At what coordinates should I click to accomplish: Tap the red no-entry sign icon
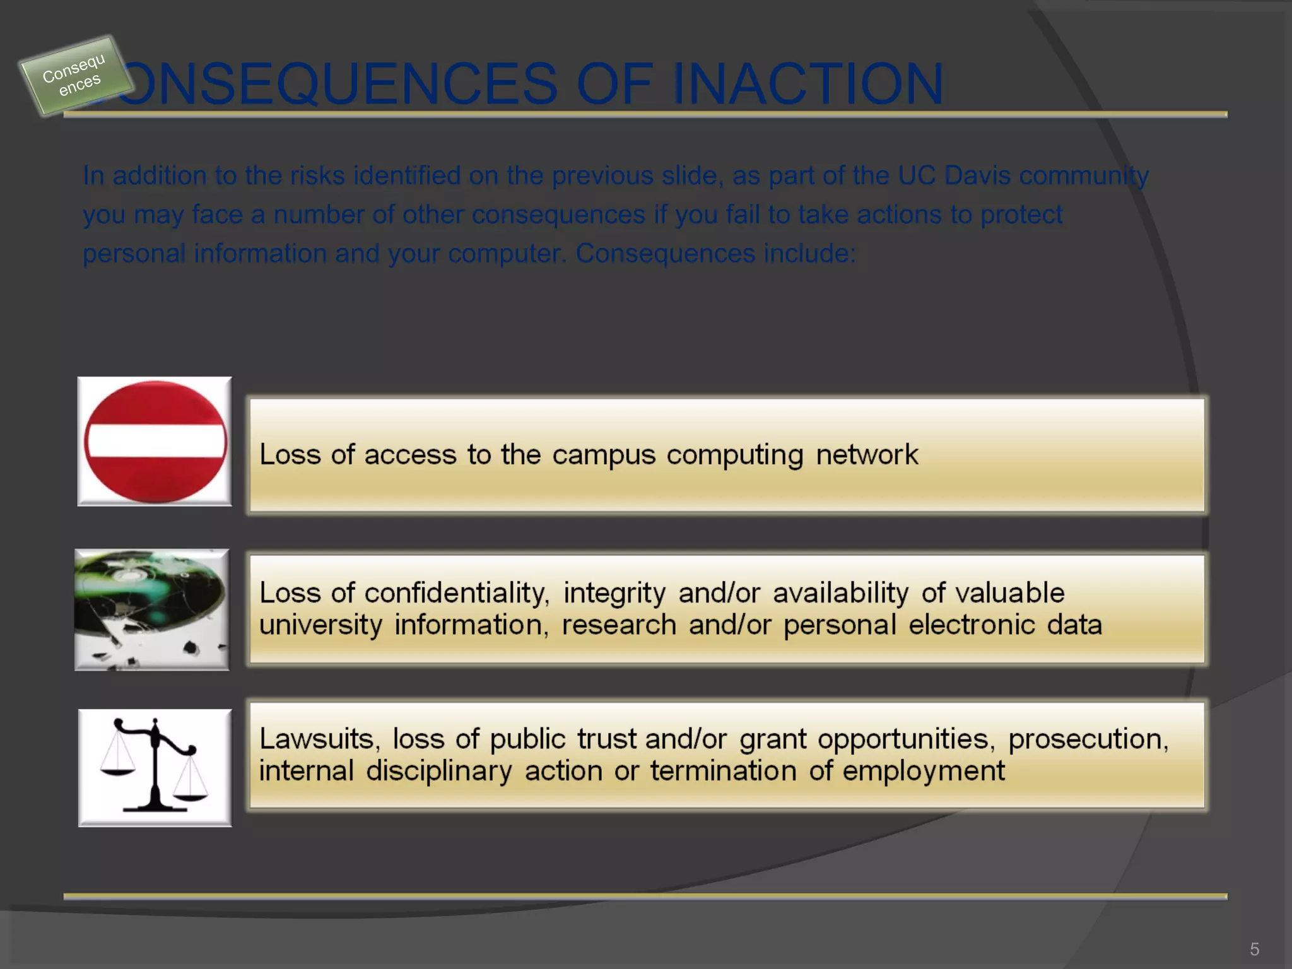155,442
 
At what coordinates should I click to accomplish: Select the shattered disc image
152,609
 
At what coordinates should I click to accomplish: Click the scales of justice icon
155,768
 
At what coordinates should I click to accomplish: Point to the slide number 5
1254,949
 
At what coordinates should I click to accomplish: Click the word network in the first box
867,455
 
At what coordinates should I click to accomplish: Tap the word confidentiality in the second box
457,593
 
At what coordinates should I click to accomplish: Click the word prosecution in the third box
1088,739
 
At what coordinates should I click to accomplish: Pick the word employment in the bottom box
924,771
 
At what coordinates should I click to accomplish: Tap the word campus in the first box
604,455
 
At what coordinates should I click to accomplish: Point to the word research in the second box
618,625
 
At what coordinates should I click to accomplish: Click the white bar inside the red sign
156,441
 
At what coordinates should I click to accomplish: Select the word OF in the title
614,84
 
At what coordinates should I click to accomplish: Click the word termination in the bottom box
723,771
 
